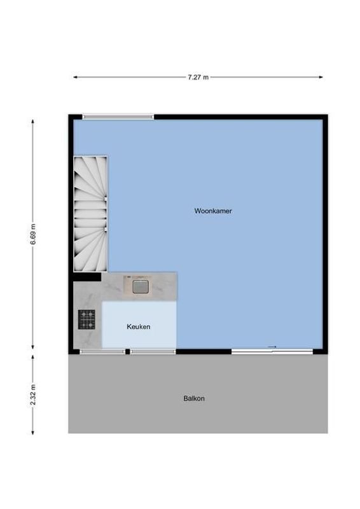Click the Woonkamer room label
[x=213, y=211]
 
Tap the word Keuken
[x=139, y=326]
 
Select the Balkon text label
[x=194, y=399]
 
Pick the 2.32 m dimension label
[x=33, y=394]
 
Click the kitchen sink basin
[x=140, y=286]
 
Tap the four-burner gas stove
[x=87, y=319]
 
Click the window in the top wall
[x=118, y=116]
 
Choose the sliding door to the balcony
[x=272, y=351]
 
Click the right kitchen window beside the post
[x=152, y=351]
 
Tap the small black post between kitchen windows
[x=127, y=351]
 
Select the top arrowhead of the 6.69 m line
[x=33, y=121]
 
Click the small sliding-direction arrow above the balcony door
[x=273, y=346]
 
